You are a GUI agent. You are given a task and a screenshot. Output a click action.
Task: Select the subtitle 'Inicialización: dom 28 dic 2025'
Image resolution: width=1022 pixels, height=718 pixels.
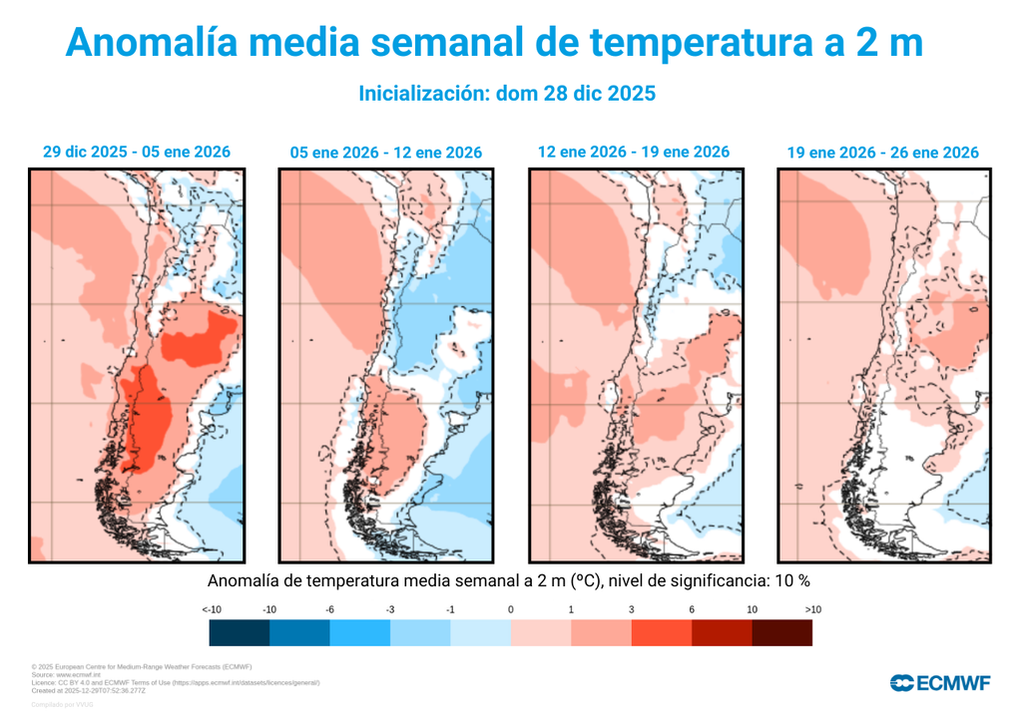(x=506, y=94)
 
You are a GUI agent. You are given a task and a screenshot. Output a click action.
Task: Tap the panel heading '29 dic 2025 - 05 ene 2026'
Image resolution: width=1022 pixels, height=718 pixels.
(x=137, y=152)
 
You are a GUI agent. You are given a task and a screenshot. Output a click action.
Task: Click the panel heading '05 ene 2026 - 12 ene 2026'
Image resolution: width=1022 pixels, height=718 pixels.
(x=385, y=153)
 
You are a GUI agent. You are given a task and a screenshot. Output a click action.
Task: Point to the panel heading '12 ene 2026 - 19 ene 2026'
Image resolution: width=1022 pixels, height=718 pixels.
(x=634, y=152)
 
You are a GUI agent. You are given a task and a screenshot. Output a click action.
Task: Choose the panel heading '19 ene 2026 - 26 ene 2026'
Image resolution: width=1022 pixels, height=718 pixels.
(x=882, y=153)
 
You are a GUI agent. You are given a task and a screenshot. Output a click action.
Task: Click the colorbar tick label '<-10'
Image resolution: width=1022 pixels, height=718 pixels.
(x=211, y=609)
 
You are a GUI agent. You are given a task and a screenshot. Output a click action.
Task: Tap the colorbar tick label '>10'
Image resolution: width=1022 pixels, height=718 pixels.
(x=811, y=609)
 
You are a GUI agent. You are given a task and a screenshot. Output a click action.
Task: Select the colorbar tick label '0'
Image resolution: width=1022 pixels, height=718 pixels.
(x=510, y=609)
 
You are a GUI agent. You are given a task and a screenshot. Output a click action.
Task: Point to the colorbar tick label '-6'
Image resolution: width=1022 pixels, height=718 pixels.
(x=330, y=609)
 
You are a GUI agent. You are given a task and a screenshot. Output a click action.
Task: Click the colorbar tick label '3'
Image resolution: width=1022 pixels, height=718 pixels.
(x=631, y=609)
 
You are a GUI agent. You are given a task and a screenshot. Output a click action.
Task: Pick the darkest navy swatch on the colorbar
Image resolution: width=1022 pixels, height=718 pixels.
(x=240, y=633)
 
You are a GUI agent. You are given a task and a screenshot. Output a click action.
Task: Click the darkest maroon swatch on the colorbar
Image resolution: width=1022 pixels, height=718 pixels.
(x=781, y=633)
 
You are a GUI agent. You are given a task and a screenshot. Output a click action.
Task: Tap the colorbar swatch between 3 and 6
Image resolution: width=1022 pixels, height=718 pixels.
(x=661, y=633)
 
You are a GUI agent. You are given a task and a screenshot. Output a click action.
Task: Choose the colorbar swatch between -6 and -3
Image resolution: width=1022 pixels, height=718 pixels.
(x=360, y=633)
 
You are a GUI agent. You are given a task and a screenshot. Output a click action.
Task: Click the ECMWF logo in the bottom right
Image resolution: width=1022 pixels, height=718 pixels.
(x=939, y=683)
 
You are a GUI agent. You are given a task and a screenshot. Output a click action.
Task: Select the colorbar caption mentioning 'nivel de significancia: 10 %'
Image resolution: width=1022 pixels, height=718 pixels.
(x=509, y=580)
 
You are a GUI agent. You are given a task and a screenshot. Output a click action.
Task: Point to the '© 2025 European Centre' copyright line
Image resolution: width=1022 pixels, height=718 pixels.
(x=141, y=666)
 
